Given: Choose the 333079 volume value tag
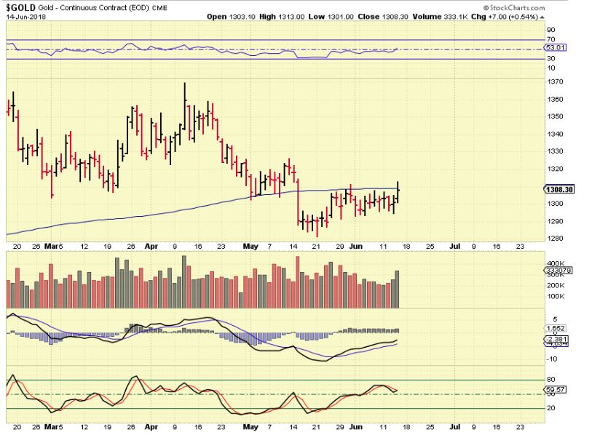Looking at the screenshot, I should point(556,271).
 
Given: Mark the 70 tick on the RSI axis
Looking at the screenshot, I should point(551,40).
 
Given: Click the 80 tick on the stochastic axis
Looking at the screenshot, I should point(551,379).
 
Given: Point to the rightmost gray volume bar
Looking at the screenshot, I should point(397,289).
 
